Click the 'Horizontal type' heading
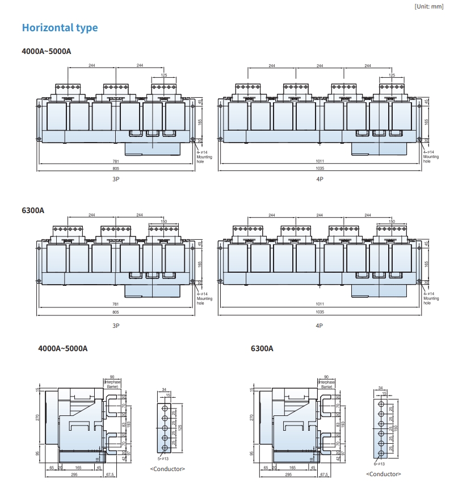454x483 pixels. coord(60,27)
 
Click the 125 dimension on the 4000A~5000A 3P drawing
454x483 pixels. coord(164,75)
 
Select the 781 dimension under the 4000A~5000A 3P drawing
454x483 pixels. coord(115,161)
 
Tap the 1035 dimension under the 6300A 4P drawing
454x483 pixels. coord(320,312)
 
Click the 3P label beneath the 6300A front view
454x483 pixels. coord(115,326)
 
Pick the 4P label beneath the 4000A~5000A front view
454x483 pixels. coord(320,179)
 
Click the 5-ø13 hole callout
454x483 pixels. coord(165,458)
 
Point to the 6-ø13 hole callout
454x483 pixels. coord(380,464)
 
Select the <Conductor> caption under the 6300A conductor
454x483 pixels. coord(383,474)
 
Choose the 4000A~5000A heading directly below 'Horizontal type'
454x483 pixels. coord(46,51)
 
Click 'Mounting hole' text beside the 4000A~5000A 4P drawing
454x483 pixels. coord(431,159)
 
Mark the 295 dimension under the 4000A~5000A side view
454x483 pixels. coord(74,474)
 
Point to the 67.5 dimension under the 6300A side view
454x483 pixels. coord(323,474)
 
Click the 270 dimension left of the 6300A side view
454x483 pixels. coord(251,418)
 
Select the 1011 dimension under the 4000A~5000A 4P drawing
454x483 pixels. coord(320,161)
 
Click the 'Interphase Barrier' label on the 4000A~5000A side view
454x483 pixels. coord(112,384)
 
